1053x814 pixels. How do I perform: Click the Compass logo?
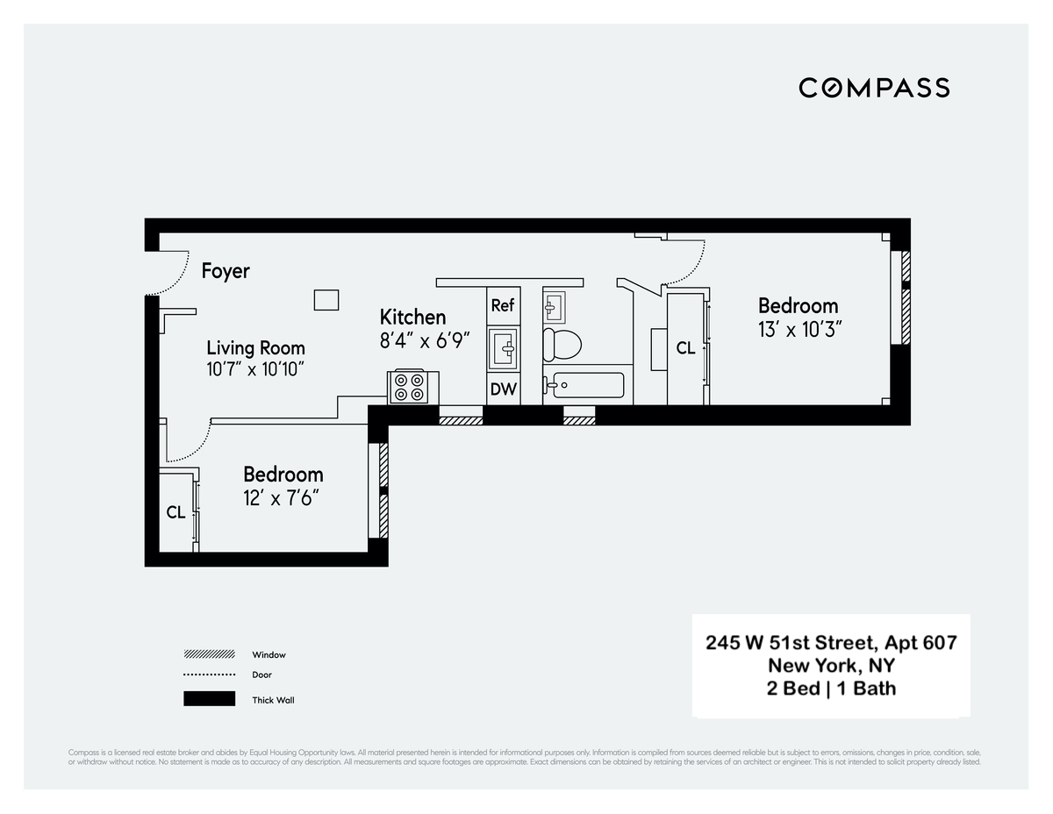coord(873,88)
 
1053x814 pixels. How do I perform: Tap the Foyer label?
coord(226,271)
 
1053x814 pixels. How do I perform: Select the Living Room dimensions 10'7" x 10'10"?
coord(255,369)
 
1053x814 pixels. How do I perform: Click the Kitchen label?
coord(412,317)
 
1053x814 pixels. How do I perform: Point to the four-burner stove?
coord(408,387)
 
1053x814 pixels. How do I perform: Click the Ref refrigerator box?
coord(503,305)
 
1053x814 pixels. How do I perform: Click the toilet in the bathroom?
coord(562,344)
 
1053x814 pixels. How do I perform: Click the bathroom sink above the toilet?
coord(554,306)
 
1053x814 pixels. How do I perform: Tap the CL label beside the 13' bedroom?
coord(685,348)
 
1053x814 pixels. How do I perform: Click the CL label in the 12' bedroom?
coord(175,512)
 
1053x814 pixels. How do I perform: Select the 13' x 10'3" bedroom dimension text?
coord(798,330)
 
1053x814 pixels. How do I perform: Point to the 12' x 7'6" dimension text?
coord(281,498)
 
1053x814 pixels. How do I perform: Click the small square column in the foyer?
coord(326,300)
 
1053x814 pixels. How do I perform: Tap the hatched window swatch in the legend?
coord(209,654)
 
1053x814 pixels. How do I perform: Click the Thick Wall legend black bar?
coord(209,699)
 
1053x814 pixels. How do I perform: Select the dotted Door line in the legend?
coord(209,675)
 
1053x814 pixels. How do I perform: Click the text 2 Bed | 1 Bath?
coord(831,689)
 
